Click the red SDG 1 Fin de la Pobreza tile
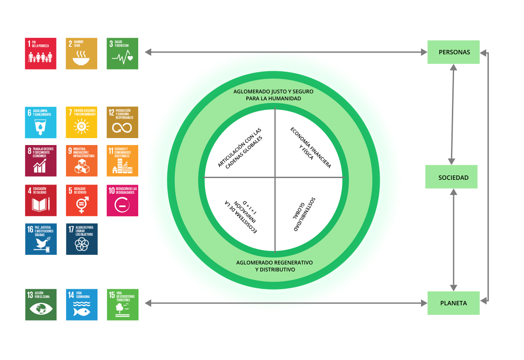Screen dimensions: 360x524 click(40, 53)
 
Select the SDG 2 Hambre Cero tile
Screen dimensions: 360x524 click(81, 53)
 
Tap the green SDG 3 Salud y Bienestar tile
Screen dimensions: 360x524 click(123, 53)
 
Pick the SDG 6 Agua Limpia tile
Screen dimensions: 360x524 click(40, 122)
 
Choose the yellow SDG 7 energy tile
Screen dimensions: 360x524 click(81, 122)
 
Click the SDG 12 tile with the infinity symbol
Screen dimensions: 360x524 click(123, 122)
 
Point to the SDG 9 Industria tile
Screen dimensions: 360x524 click(81, 161)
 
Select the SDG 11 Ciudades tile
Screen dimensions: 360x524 click(123, 161)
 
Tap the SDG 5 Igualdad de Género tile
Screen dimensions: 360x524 click(81, 200)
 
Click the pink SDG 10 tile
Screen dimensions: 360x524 click(123, 200)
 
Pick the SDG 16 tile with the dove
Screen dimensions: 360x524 click(40, 239)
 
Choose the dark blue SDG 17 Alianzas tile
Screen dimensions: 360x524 click(81, 239)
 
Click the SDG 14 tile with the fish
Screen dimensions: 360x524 click(81, 304)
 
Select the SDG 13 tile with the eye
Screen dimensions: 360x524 click(40, 304)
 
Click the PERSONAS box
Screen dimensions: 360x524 click(453, 52)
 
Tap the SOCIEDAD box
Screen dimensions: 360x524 click(451, 177)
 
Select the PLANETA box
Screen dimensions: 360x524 click(453, 303)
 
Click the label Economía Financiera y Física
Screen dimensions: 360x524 click(310, 148)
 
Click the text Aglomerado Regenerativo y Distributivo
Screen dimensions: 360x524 click(275, 266)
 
